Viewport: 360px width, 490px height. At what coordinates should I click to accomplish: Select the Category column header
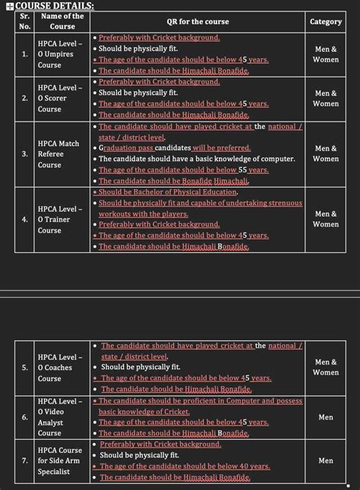[326, 22]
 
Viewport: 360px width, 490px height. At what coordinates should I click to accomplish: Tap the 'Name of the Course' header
[62, 21]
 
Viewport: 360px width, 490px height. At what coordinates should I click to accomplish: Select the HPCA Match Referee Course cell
[59, 153]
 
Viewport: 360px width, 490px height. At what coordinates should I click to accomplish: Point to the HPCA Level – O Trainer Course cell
[59, 220]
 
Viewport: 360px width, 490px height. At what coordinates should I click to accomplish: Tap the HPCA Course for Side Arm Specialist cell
[59, 460]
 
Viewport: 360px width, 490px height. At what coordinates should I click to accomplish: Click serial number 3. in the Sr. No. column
[24, 153]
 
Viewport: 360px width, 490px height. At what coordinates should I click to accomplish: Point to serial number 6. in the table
[24, 417]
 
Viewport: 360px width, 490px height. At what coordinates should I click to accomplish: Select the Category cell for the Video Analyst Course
[326, 417]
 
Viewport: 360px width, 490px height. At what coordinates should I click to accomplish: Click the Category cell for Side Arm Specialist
[326, 460]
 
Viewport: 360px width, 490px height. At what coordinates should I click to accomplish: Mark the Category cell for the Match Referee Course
[326, 153]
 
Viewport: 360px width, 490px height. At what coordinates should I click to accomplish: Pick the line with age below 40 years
[185, 466]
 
